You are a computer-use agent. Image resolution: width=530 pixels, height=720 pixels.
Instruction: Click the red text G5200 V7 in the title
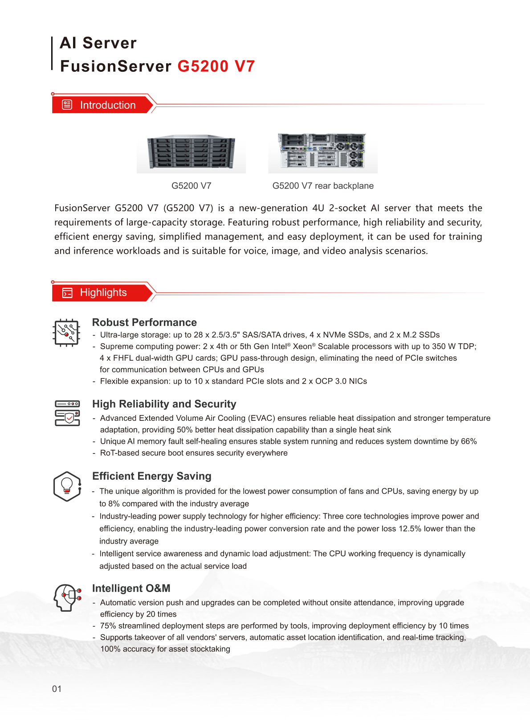[x=216, y=66]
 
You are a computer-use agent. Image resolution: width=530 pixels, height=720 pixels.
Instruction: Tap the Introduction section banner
[x=102, y=105]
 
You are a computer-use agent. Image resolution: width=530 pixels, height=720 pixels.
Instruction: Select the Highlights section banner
[x=102, y=292]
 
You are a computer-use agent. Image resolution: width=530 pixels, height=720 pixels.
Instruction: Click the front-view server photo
[x=191, y=153]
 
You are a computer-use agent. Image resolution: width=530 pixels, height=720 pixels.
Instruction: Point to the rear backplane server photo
[x=322, y=152]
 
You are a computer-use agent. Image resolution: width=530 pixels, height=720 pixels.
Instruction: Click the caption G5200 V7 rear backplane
[x=323, y=186]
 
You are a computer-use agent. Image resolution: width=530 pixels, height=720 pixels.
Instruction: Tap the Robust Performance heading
[x=144, y=322]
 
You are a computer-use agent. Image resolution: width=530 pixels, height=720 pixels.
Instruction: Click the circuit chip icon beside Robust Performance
[x=66, y=333]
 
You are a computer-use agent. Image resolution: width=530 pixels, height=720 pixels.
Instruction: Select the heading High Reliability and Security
[x=164, y=404]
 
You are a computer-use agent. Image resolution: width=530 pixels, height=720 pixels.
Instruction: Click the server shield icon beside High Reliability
[x=67, y=413]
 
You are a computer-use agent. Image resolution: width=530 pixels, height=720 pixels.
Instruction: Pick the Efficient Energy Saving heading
[x=151, y=476]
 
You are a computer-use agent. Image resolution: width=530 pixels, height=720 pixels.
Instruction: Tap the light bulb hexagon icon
[x=67, y=486]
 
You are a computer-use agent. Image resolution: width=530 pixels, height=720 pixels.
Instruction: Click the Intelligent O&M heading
[x=131, y=588]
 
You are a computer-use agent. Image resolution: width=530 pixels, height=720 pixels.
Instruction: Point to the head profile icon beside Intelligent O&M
[x=67, y=597]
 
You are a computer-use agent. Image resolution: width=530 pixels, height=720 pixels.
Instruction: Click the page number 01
[x=57, y=689]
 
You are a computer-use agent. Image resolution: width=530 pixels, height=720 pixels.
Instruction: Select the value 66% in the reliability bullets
[x=469, y=441]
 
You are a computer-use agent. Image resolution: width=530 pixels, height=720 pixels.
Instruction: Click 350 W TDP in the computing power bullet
[x=453, y=346]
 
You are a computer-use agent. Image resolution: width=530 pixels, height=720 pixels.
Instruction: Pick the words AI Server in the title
[x=98, y=43]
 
